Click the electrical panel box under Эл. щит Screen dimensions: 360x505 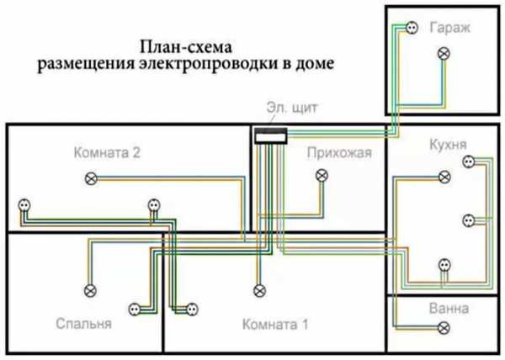tap(271, 134)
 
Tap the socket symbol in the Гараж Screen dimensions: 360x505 tap(412, 28)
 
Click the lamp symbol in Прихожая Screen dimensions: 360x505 tap(322, 176)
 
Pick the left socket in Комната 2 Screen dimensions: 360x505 tap(24, 205)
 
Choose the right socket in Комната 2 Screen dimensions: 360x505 tap(152, 204)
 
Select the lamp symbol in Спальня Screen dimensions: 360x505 tap(88, 290)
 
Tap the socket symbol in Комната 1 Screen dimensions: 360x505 tap(192, 309)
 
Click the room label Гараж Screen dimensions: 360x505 tap(447, 27)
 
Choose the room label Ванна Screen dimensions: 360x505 tap(444, 307)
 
